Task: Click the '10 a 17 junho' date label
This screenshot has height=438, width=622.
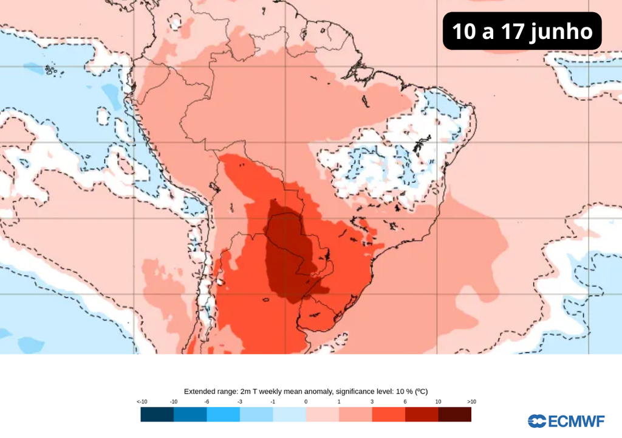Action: pyautogui.click(x=522, y=31)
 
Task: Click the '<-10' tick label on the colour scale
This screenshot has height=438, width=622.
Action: pyautogui.click(x=142, y=401)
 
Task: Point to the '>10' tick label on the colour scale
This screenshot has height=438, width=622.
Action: pyautogui.click(x=471, y=401)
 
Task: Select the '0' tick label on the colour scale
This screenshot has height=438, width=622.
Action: pyautogui.click(x=306, y=401)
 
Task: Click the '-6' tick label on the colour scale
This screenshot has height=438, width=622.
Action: pyautogui.click(x=207, y=401)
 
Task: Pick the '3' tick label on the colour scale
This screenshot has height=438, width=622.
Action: pyautogui.click(x=372, y=401)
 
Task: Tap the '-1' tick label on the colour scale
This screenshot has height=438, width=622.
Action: pyautogui.click(x=273, y=401)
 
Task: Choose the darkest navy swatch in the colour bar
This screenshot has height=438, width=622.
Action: pyautogui.click(x=157, y=414)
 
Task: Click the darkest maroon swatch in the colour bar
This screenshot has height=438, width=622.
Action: pyautogui.click(x=454, y=414)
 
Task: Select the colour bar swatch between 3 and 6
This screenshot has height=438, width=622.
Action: pyautogui.click(x=388, y=414)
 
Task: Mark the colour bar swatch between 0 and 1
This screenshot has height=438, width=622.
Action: pyautogui.click(x=322, y=414)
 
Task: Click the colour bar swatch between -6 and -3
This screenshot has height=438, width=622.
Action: pyautogui.click(x=223, y=414)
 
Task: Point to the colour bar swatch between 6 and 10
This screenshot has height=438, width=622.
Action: pyautogui.click(x=422, y=414)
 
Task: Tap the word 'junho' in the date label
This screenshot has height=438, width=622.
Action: pyautogui.click(x=561, y=31)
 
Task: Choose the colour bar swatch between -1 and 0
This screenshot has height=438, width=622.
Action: pyautogui.click(x=289, y=414)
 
